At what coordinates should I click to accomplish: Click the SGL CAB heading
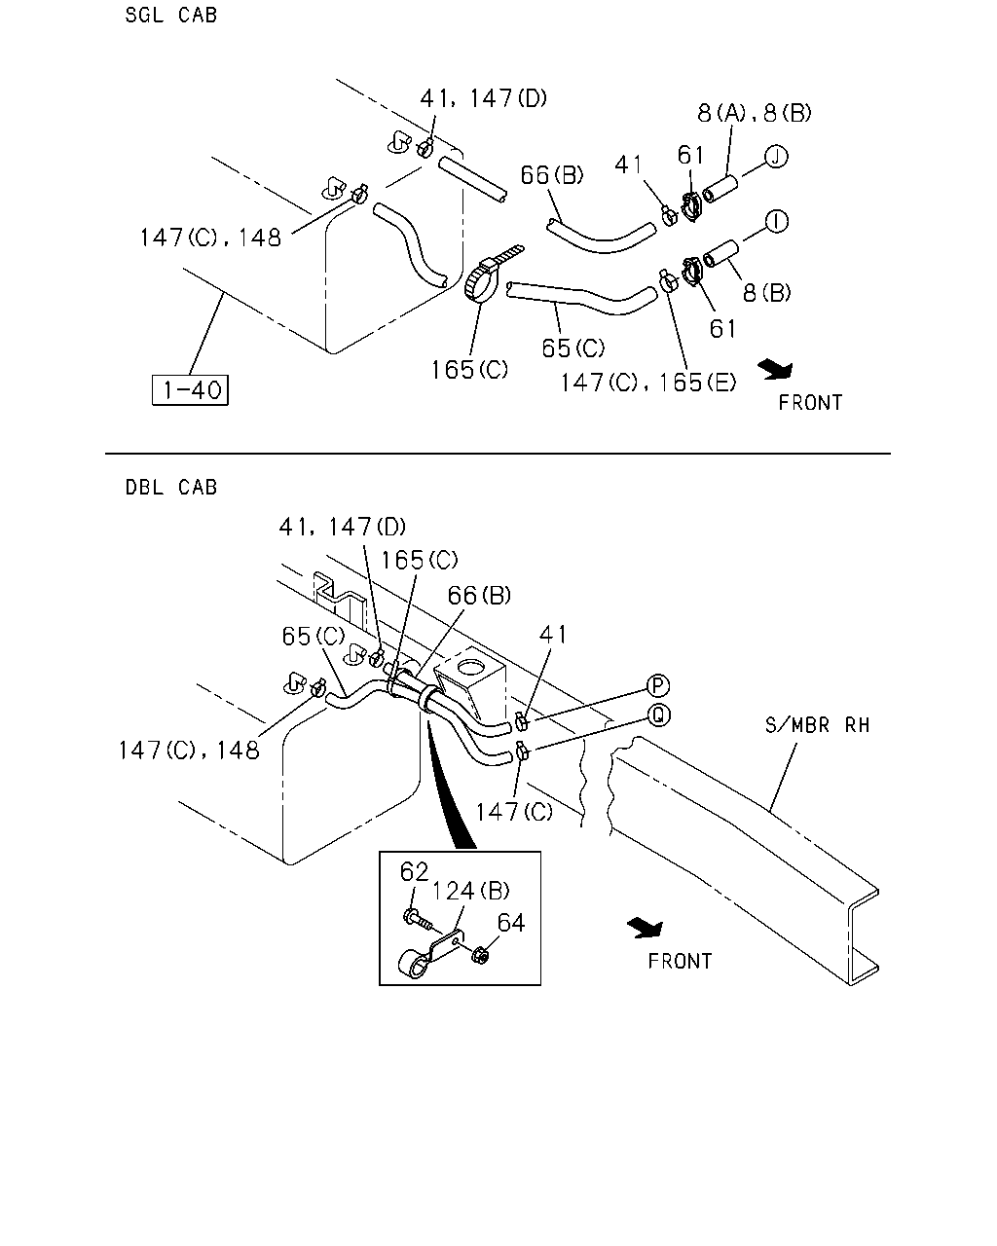coord(171,15)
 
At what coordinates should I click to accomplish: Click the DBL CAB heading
coord(171,488)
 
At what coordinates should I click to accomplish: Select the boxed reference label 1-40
coord(190,390)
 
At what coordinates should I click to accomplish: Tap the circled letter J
coord(776,157)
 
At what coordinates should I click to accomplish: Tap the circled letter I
coord(777,222)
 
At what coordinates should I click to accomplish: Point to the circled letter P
coord(657,686)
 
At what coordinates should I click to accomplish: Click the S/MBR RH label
coord(818,725)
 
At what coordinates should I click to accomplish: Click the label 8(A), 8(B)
coord(755,113)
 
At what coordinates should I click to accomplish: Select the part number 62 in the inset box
coord(414,872)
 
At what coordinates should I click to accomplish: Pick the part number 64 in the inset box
coord(511,923)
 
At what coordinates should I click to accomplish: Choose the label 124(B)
coord(470,892)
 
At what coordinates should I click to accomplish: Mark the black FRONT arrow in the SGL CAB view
coord(776,369)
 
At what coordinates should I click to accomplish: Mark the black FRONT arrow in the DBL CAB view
coord(646,927)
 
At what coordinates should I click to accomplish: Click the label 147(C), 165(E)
coord(647,383)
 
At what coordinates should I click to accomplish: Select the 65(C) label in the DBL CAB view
coord(313,637)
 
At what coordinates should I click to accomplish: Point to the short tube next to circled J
coord(720,189)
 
